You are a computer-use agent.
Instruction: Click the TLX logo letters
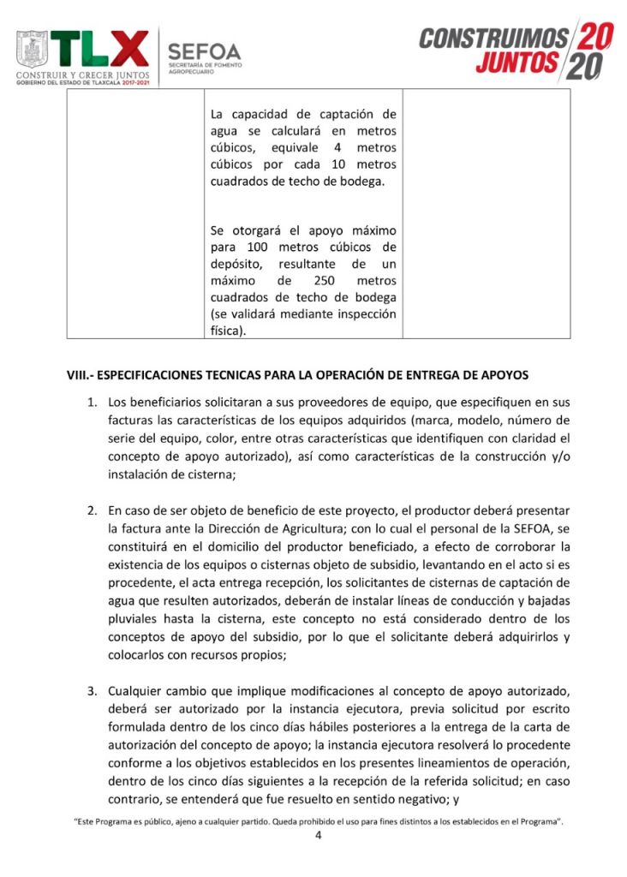[x=99, y=50]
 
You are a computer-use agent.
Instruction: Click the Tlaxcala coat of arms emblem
[x=33, y=51]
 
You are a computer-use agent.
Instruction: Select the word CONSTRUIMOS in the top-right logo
[x=493, y=39]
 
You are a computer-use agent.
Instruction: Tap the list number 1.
[x=93, y=402]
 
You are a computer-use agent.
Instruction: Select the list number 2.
[x=93, y=511]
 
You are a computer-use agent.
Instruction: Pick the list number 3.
[x=93, y=689]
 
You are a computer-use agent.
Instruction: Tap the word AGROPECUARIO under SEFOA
[x=192, y=72]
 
